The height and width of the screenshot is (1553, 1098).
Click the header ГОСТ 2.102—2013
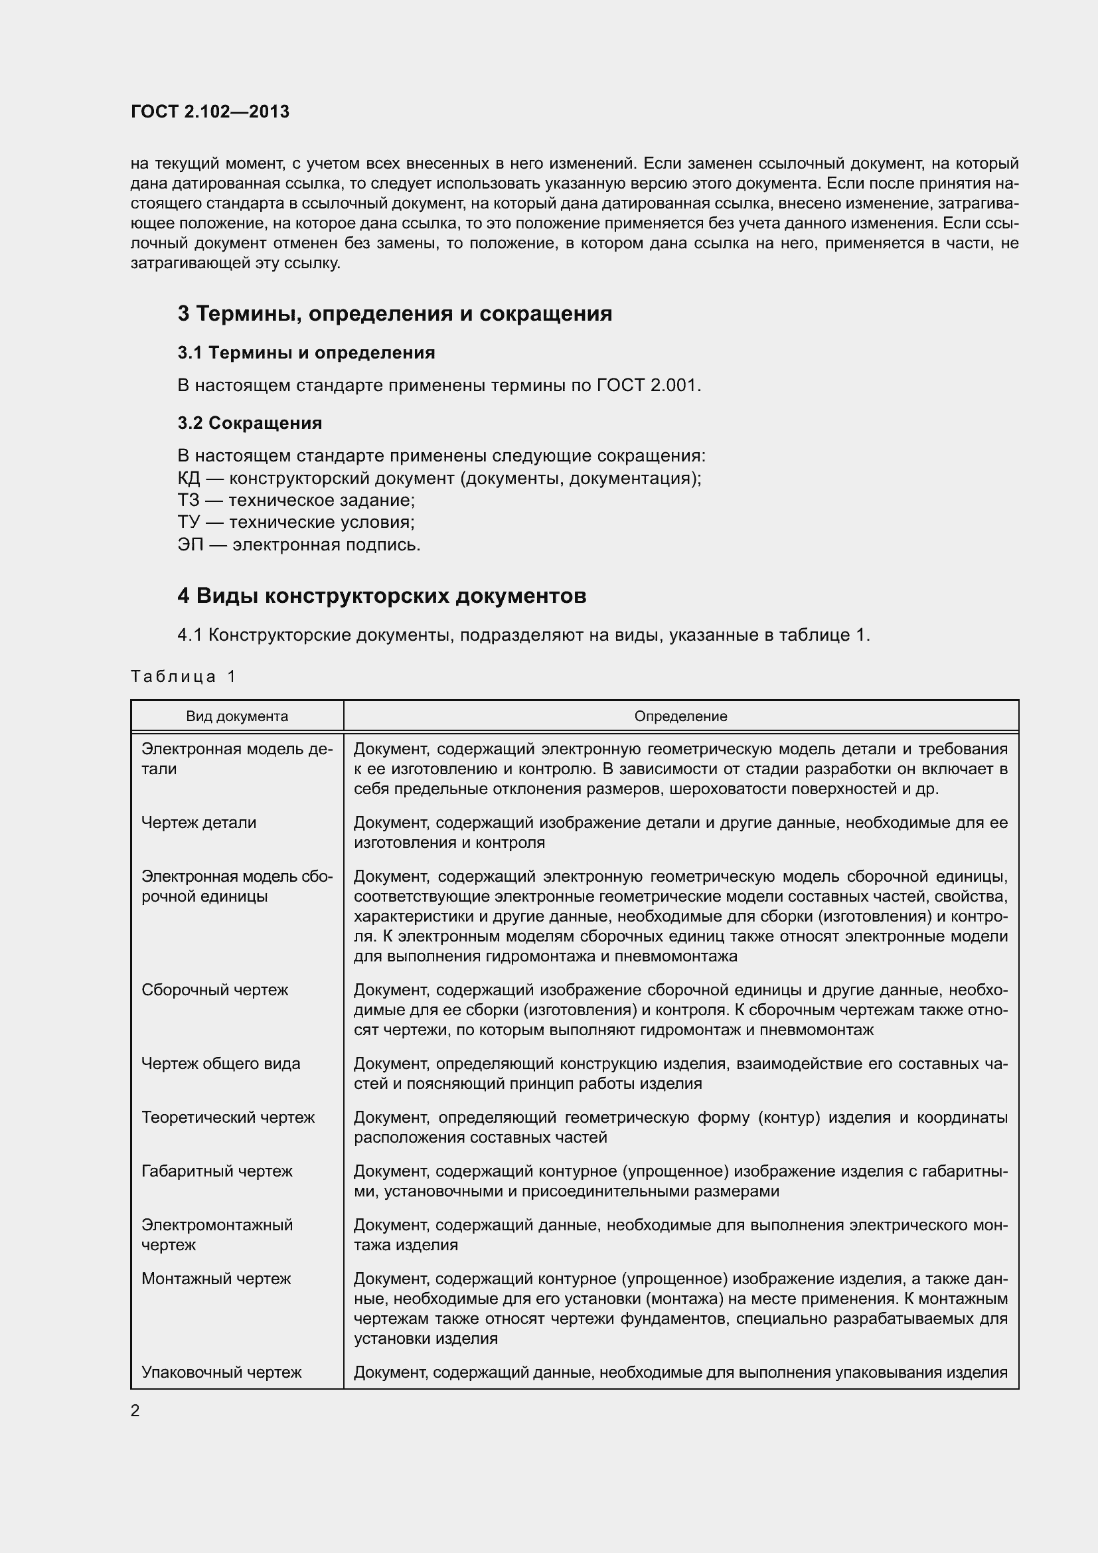click(210, 112)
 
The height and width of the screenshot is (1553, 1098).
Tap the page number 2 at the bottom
click(135, 1410)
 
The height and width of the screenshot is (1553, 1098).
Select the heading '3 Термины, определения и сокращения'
click(394, 314)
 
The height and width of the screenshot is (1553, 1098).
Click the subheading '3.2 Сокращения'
click(250, 423)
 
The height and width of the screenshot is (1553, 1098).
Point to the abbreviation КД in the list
click(189, 478)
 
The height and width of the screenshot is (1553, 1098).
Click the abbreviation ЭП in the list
click(190, 544)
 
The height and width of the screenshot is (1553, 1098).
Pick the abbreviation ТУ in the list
click(189, 522)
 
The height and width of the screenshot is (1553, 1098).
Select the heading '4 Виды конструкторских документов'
click(381, 596)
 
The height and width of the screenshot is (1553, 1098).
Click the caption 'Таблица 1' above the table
click(183, 677)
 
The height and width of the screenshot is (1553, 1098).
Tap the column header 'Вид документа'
click(236, 716)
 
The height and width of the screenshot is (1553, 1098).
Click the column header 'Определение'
click(680, 716)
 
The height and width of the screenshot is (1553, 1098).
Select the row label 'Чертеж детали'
click(198, 823)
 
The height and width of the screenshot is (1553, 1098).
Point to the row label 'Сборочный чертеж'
click(214, 990)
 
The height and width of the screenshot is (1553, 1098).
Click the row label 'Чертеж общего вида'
click(220, 1063)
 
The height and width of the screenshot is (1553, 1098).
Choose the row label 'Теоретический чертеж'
click(228, 1117)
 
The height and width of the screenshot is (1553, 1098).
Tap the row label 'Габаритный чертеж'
click(216, 1171)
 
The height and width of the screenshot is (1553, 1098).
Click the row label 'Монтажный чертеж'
click(216, 1278)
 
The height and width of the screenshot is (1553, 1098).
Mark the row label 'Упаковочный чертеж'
click(221, 1372)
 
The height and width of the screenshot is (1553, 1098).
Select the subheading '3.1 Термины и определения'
click(305, 353)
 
